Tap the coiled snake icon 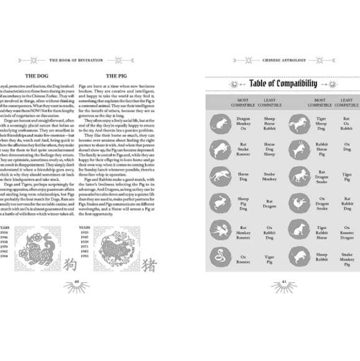(x=219, y=255)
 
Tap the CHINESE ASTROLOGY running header (x=282, y=61)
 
